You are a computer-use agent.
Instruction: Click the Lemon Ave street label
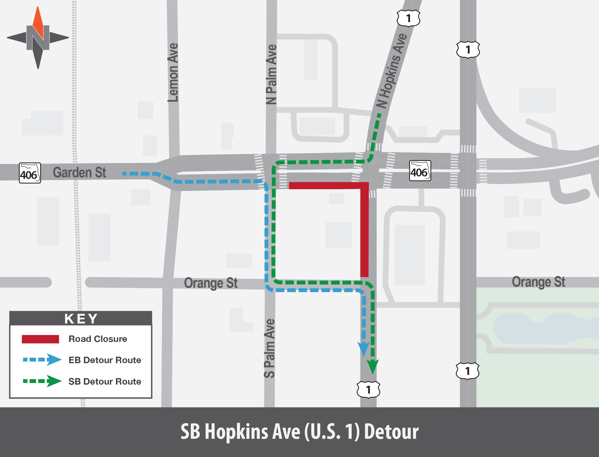(173, 73)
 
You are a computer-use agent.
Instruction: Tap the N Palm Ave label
(271, 74)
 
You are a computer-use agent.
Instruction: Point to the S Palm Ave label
(270, 348)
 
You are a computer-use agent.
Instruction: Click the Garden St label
(79, 172)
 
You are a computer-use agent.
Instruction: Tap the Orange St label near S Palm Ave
(211, 283)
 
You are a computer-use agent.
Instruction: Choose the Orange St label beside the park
(538, 282)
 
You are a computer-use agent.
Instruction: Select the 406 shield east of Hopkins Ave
(420, 171)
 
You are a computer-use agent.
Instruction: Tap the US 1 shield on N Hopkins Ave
(408, 18)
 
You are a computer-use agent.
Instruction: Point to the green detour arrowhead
(372, 366)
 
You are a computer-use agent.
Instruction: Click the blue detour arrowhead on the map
(363, 348)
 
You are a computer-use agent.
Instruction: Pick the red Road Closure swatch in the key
(40, 339)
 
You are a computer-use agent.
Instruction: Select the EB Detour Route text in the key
(105, 360)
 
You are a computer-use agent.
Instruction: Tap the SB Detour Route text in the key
(105, 381)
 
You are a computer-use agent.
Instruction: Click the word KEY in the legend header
(81, 319)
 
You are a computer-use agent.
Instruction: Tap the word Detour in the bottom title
(391, 432)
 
